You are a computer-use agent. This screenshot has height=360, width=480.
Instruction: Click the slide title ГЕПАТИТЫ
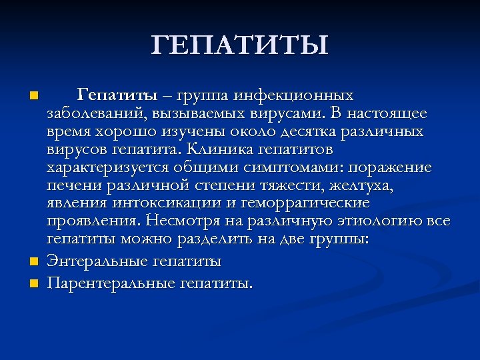(240, 45)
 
